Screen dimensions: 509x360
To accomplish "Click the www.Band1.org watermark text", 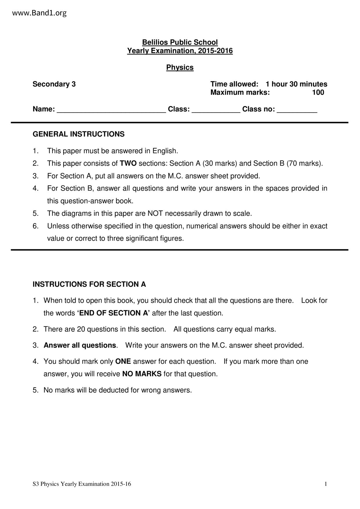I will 39,13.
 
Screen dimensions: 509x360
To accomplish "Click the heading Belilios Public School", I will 180,42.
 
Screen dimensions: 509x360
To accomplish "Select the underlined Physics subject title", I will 180,67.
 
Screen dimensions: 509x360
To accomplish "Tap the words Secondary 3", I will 54,84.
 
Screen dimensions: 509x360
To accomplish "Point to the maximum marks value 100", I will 318,93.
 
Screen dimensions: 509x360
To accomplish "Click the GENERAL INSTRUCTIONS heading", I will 78,134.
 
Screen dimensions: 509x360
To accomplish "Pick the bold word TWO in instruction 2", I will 128,163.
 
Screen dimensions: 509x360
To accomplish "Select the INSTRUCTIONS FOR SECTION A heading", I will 89,284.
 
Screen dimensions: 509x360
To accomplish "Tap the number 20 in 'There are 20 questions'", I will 81,329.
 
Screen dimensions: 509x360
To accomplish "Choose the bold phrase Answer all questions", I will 80,345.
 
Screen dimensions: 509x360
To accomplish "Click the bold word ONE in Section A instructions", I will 123,362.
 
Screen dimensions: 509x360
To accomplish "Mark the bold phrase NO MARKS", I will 142,374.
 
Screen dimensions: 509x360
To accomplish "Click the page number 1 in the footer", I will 326,484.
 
